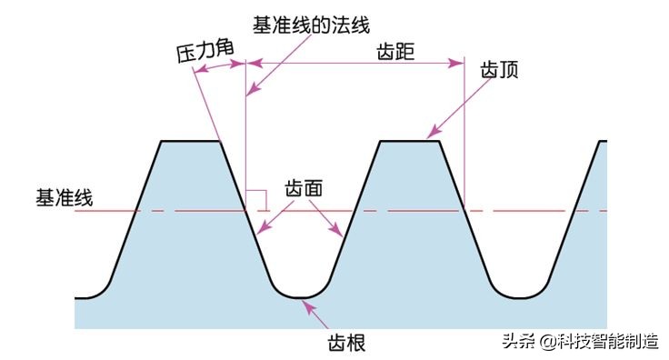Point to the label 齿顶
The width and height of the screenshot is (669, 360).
point(499,70)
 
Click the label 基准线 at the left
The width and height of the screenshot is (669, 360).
point(64,197)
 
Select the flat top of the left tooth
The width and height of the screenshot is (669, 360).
point(191,141)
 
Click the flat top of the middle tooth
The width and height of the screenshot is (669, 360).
point(409,141)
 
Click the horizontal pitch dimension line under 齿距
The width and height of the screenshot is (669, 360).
point(354,63)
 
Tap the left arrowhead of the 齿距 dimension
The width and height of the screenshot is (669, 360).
point(254,63)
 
